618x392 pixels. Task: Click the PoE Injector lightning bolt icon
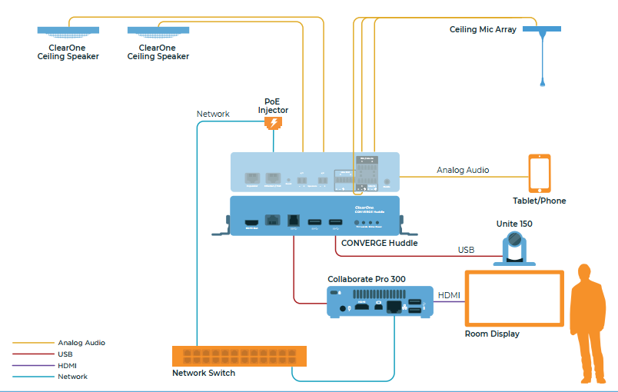(x=273, y=123)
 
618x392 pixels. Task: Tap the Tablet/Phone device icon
(x=540, y=173)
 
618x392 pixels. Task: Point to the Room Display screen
(x=513, y=298)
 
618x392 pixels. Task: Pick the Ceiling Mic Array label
(x=483, y=30)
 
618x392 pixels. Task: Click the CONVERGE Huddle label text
(x=380, y=243)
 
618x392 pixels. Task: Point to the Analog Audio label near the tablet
(x=463, y=170)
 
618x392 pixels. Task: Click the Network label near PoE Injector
(x=213, y=114)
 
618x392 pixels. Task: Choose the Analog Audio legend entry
(x=81, y=343)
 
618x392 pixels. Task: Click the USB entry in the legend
(x=65, y=354)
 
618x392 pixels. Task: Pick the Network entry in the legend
(x=72, y=377)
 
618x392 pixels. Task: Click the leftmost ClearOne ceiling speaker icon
(x=68, y=32)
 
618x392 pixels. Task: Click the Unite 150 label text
(x=514, y=224)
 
